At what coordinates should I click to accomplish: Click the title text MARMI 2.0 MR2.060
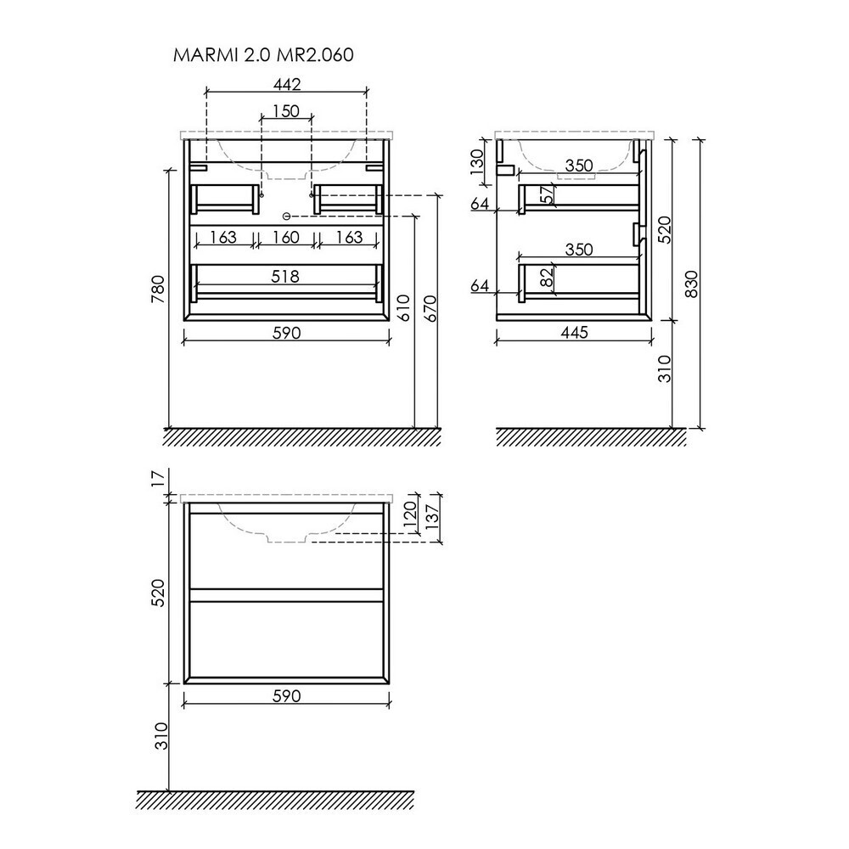[263, 54]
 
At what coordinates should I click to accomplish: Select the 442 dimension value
[286, 84]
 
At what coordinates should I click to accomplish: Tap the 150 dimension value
[286, 111]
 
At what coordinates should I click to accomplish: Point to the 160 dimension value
[286, 237]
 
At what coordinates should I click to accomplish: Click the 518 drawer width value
[284, 277]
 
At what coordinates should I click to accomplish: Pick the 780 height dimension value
[158, 290]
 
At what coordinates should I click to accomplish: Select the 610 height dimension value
[406, 308]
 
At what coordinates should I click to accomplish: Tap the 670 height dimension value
[430, 308]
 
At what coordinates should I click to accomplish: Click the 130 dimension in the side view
[476, 162]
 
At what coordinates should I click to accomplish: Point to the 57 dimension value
[548, 194]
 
